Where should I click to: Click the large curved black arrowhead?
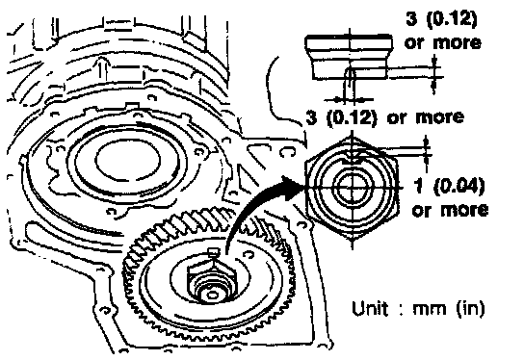pos(290,188)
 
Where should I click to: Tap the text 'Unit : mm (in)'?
pos(418,308)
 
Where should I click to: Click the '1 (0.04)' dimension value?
pos(449,187)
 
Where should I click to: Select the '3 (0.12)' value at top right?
pos(441,19)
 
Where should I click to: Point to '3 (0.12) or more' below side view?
pos(384,117)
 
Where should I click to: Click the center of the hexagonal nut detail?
pos(353,189)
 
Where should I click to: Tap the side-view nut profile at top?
pos(349,57)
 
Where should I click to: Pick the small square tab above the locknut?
pos(213,252)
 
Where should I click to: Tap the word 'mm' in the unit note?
pos(430,309)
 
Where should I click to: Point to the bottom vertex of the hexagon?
pos(353,240)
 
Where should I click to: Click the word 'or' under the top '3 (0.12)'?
pos(414,43)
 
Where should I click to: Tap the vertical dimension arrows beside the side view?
pos(434,75)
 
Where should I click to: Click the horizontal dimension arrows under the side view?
pos(349,99)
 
